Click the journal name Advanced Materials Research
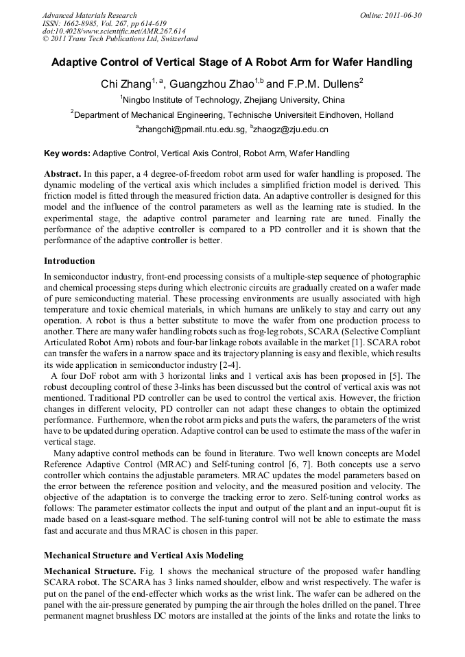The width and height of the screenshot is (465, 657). coord(89,15)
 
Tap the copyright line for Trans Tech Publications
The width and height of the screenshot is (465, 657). coord(120,39)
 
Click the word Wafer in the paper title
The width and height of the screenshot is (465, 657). coord(333,62)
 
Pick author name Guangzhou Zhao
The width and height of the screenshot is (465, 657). coord(211,84)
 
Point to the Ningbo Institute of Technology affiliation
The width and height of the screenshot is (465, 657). coord(232,100)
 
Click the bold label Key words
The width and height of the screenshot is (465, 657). coord(67,153)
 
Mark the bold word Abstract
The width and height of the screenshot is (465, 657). coord(63,174)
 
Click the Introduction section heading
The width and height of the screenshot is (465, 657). coord(69,261)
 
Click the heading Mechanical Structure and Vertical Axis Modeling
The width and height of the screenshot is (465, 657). coord(143,555)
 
